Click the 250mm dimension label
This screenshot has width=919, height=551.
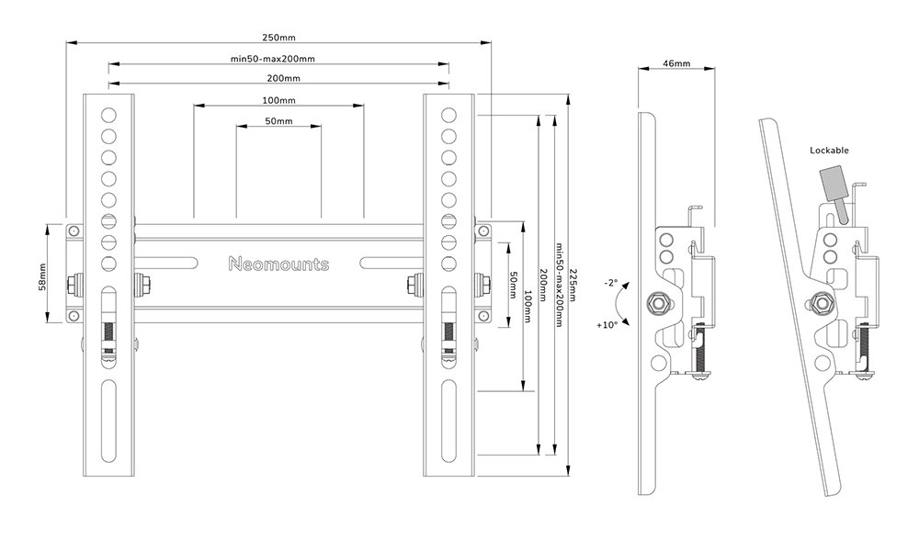(278, 38)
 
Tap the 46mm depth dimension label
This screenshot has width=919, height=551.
(675, 63)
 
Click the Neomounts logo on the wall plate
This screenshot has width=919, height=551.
(278, 264)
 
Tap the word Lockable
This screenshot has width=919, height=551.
(829, 150)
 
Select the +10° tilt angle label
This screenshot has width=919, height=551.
(607, 325)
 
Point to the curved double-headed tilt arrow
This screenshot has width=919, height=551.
(625, 305)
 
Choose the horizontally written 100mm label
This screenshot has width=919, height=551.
(278, 100)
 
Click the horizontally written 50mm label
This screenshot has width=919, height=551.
(278, 121)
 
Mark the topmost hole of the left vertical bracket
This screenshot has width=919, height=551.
(108, 116)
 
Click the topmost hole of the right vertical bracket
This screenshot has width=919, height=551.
(448, 116)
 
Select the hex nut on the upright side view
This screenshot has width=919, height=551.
(658, 303)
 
